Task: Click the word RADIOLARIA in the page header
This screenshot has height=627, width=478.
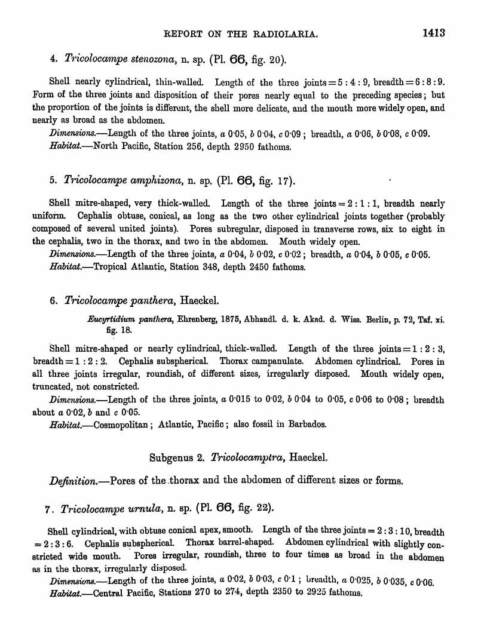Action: pos(286,34)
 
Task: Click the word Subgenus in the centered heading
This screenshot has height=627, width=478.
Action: pos(170,457)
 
